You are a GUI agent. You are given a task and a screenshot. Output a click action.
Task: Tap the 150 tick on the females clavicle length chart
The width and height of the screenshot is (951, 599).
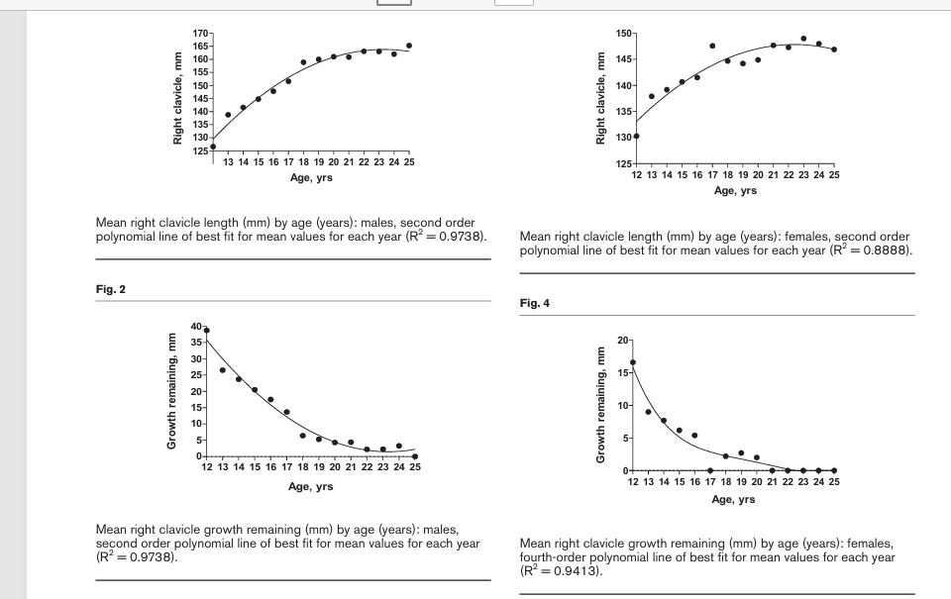pyautogui.click(x=622, y=34)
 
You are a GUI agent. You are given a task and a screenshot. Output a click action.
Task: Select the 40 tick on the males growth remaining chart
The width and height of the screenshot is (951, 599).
pyautogui.click(x=195, y=327)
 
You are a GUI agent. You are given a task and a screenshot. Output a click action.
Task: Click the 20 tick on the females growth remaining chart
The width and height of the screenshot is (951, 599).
pyautogui.click(x=621, y=340)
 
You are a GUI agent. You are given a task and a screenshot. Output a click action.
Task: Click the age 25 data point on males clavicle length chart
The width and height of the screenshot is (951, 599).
pyautogui.click(x=409, y=46)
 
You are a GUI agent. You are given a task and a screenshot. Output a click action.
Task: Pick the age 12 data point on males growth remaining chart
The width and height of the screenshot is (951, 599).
pyautogui.click(x=206, y=330)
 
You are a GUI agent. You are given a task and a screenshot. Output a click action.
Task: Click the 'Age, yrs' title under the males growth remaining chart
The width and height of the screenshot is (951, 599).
pyautogui.click(x=310, y=486)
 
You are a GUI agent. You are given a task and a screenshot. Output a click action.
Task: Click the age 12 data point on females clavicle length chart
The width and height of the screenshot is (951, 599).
pyautogui.click(x=636, y=136)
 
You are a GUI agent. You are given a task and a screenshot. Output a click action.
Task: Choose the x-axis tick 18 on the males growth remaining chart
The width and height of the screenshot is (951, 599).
pyautogui.click(x=303, y=466)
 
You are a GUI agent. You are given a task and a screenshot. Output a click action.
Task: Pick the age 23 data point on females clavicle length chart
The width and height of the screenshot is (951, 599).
pyautogui.click(x=803, y=39)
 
